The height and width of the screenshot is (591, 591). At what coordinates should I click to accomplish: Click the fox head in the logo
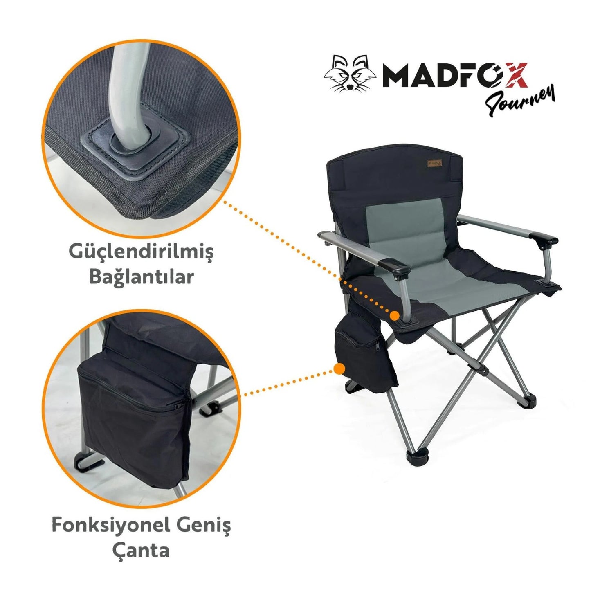(x=350, y=74)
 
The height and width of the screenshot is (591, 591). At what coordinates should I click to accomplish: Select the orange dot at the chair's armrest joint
(x=394, y=315)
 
